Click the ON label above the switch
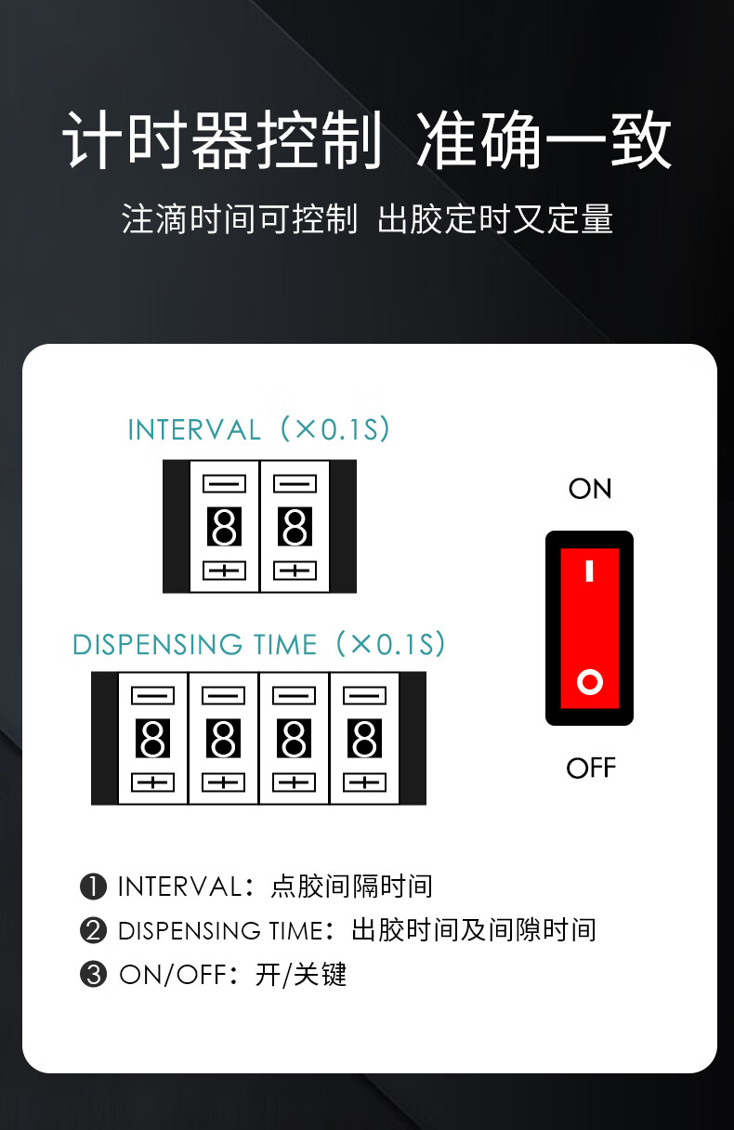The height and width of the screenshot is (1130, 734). (590, 488)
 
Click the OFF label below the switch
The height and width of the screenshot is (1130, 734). (591, 768)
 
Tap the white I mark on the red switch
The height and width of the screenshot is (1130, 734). (589, 572)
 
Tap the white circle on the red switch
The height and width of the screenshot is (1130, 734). (590, 682)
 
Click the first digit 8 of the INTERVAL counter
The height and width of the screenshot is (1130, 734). (225, 527)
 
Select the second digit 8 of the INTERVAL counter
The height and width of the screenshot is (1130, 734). (295, 527)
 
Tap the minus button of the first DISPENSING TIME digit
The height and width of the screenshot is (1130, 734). (153, 696)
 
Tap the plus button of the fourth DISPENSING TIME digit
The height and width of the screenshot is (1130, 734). (365, 782)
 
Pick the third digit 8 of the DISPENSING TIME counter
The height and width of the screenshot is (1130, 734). (295, 739)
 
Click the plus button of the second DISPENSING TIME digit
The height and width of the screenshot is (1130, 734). (224, 782)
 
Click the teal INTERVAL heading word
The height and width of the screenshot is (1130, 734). (194, 430)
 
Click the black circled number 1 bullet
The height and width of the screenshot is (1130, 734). (93, 887)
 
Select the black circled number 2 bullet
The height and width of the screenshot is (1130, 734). (93, 930)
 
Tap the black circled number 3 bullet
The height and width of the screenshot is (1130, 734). (93, 974)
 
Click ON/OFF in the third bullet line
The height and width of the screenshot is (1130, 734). (173, 974)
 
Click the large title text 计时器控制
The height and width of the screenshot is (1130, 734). (222, 139)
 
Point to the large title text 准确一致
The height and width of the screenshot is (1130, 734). (544, 139)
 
